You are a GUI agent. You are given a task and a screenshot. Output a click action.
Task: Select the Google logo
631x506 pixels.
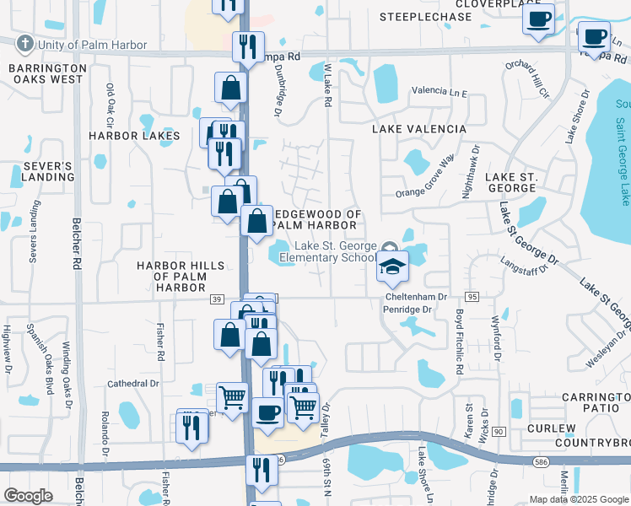click(x=28, y=496)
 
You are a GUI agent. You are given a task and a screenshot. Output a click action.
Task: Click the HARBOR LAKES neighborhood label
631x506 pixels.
click(x=134, y=136)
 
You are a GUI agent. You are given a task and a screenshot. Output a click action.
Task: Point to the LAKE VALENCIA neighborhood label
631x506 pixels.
click(x=419, y=129)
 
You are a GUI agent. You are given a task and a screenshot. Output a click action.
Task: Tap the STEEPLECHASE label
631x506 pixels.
click(x=425, y=17)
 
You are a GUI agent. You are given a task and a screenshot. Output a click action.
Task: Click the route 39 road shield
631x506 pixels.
click(x=217, y=299)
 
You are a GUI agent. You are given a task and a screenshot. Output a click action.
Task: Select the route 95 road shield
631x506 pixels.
click(x=472, y=297)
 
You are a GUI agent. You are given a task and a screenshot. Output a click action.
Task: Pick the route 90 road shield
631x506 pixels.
click(x=499, y=432)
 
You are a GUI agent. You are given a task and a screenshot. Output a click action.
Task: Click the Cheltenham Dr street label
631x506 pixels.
click(x=416, y=297)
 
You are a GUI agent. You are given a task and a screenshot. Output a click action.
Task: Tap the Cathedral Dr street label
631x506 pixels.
click(x=133, y=384)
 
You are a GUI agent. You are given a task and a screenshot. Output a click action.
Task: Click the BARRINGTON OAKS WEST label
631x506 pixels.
click(x=46, y=73)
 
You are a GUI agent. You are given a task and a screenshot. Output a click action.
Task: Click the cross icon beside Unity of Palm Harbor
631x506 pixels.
click(x=26, y=44)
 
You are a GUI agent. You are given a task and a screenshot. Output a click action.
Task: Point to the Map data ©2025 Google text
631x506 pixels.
click(x=577, y=499)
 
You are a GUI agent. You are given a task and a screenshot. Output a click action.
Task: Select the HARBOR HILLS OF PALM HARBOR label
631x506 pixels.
click(x=181, y=277)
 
